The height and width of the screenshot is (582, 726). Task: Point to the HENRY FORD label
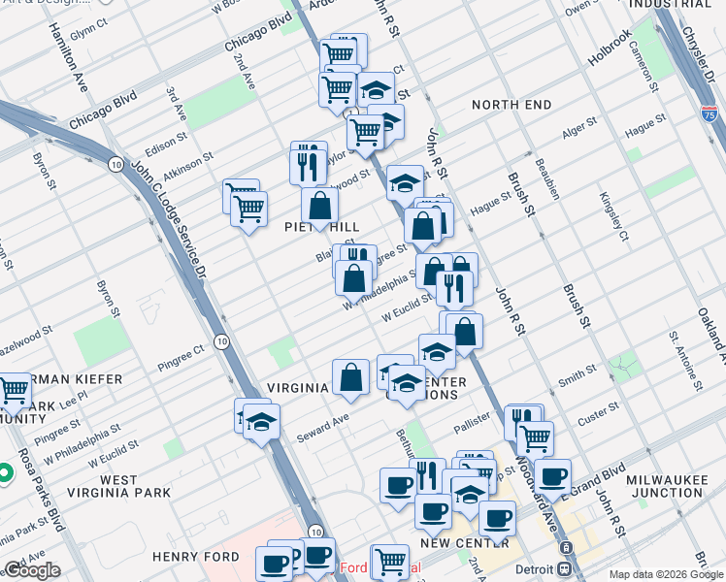click(x=189, y=557)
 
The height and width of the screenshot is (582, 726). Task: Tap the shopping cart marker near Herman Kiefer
click(x=15, y=390)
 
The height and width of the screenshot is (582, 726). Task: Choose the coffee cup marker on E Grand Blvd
click(x=552, y=476)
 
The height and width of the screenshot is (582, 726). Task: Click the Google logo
click(x=31, y=571)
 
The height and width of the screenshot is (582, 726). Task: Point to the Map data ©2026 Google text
click(x=665, y=574)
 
